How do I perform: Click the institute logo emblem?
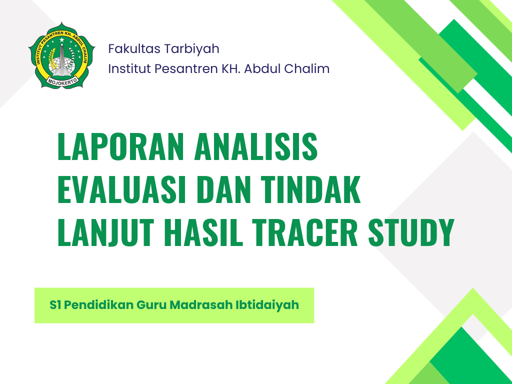tap(61, 55)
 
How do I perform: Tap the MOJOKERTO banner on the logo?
tap(62, 80)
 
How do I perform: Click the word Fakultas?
tap(134, 48)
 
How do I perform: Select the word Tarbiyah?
tap(191, 49)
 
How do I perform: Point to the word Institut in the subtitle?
tap(129, 68)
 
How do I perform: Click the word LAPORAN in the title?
tap(120, 146)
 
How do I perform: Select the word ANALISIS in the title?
tap(256, 146)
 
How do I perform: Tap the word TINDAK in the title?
tap(311, 189)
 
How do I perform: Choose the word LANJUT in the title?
tap(105, 232)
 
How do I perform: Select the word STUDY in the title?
tap(411, 232)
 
